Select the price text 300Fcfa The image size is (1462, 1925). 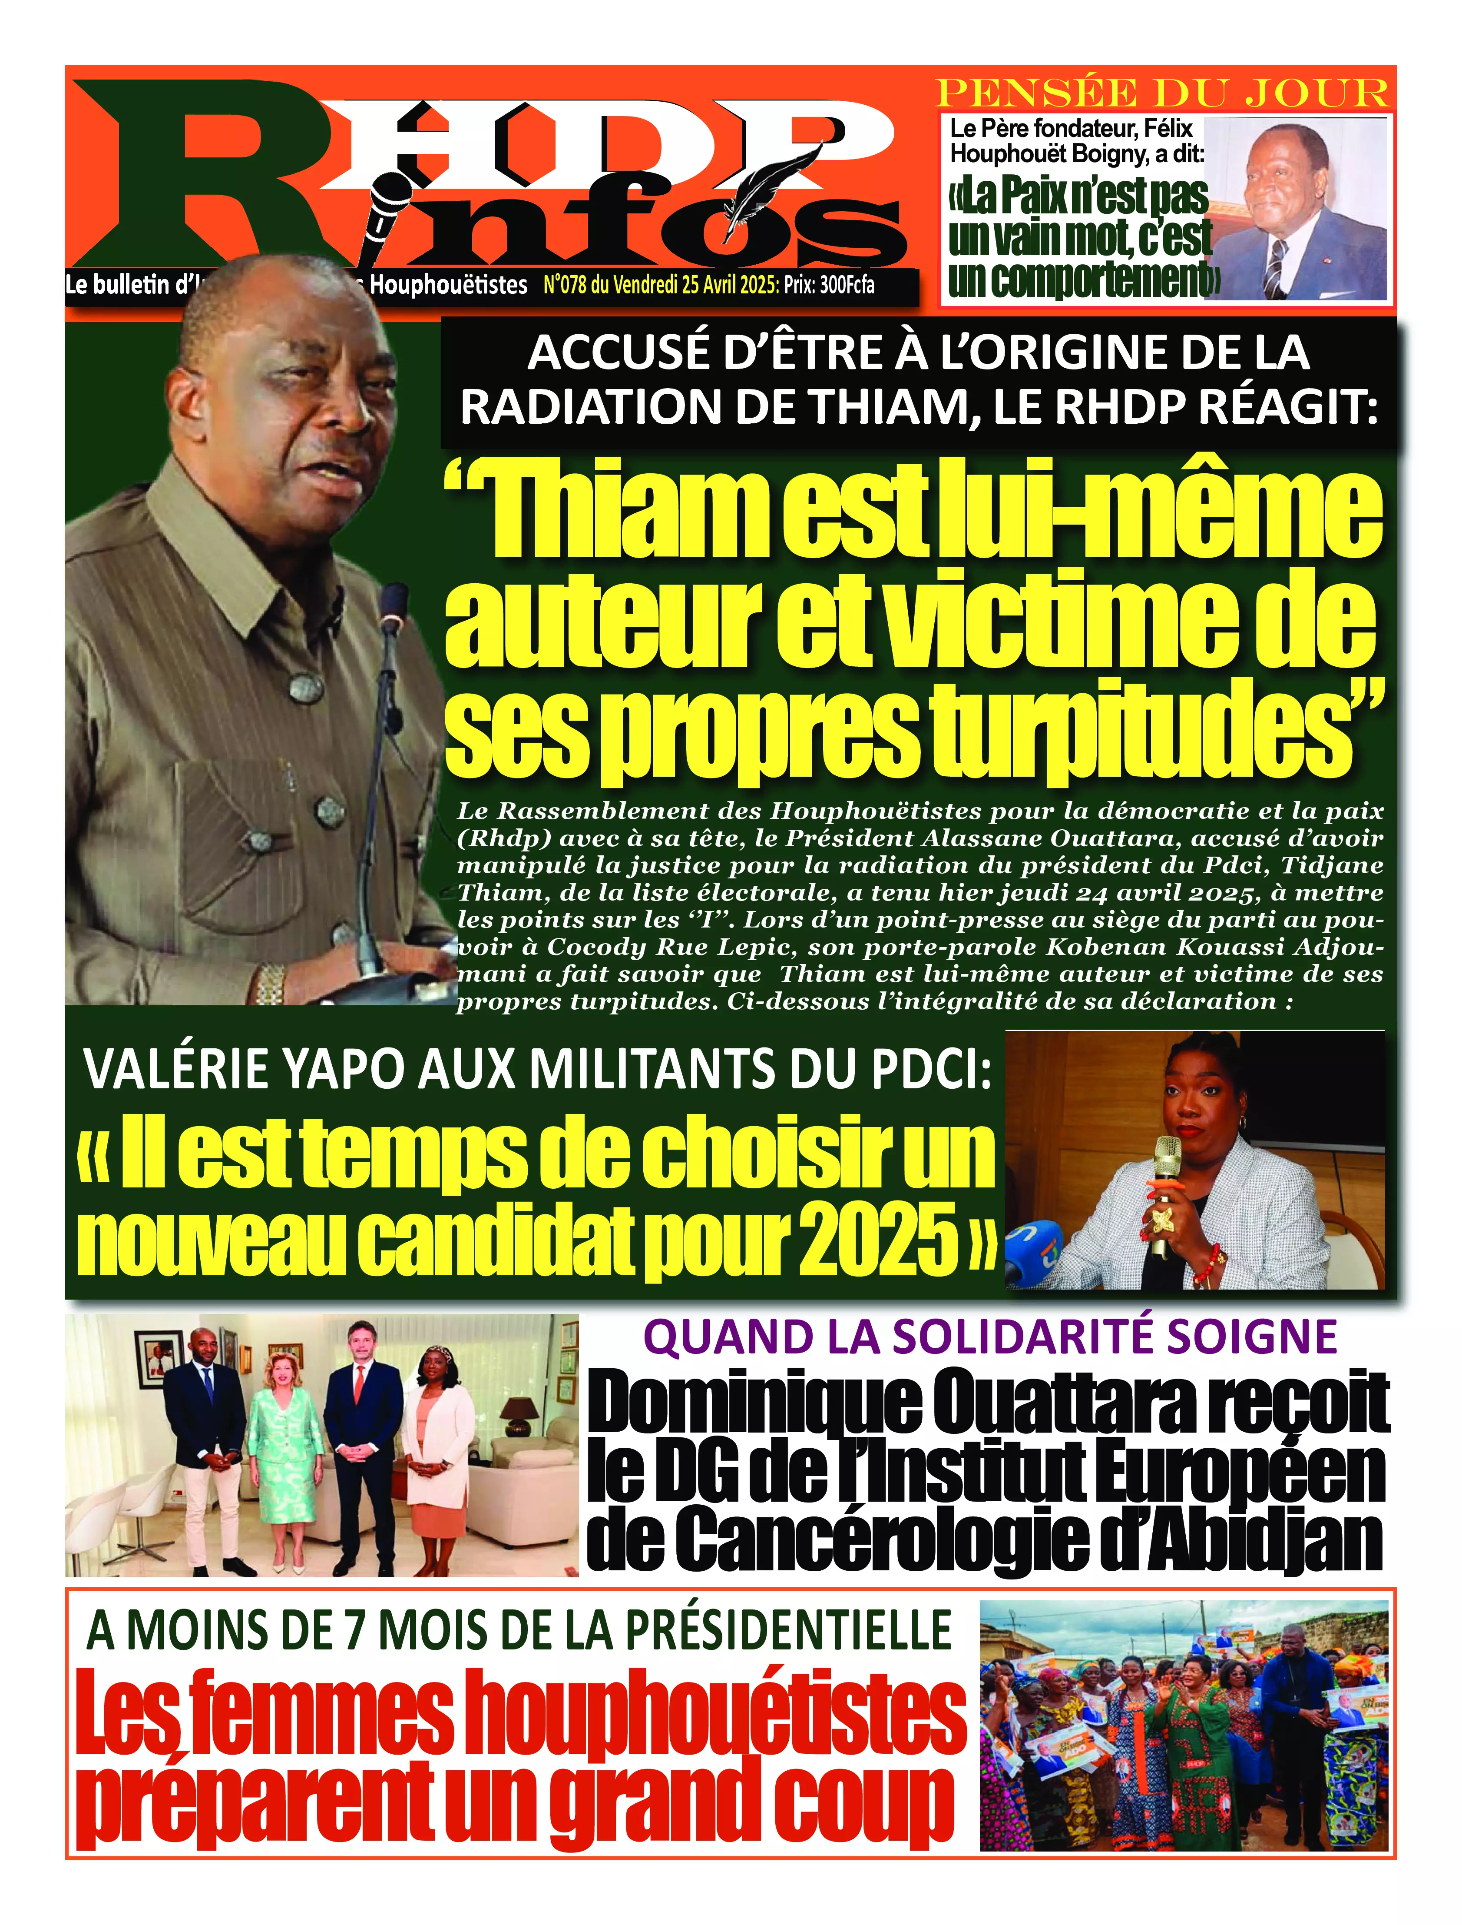pyautogui.click(x=846, y=285)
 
